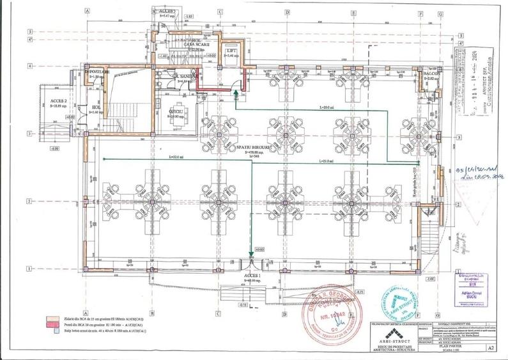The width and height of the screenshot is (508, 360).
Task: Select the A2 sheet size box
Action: (x=491, y=349)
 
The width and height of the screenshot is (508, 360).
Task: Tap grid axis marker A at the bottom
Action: (x=86, y=313)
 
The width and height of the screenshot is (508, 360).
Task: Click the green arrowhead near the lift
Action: (x=235, y=93)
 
